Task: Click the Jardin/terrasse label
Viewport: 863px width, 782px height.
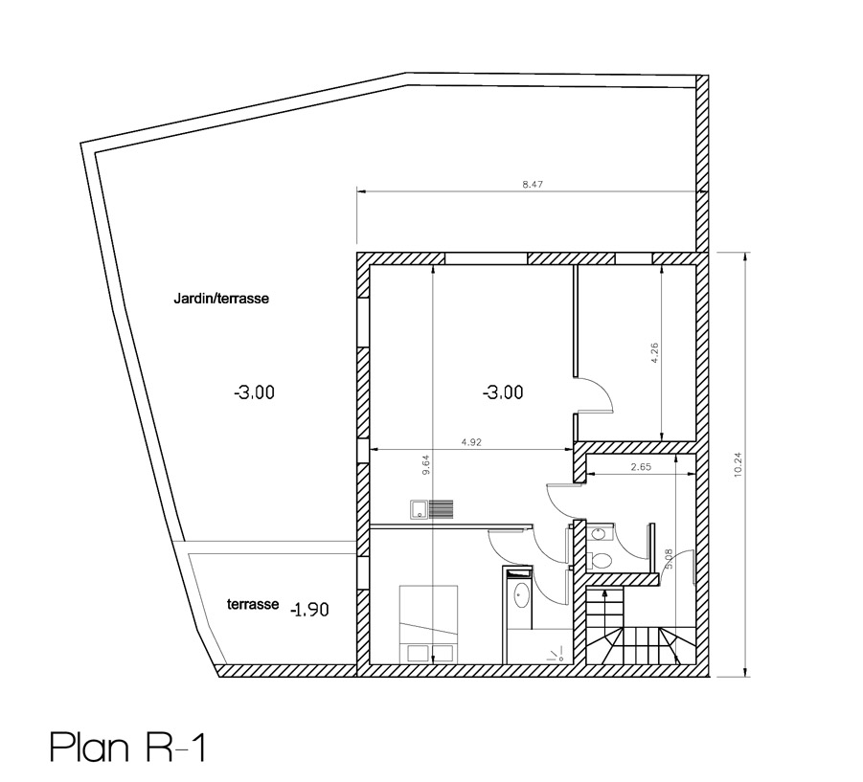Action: [221, 299]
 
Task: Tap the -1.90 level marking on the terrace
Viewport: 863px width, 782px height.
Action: [309, 610]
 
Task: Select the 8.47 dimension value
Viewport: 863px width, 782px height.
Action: [533, 184]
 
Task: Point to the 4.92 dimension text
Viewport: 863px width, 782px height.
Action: [471, 441]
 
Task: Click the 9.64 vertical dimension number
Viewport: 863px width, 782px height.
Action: [425, 464]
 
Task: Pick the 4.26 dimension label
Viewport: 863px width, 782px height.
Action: [654, 353]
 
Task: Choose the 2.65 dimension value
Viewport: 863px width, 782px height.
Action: [641, 467]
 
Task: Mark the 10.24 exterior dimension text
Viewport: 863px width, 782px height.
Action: [738, 464]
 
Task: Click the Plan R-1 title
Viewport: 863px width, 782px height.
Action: [127, 747]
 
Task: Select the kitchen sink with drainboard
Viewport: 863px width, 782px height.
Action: [431, 509]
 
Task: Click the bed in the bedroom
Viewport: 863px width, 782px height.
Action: [429, 624]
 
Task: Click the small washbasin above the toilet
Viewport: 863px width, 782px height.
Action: [597, 533]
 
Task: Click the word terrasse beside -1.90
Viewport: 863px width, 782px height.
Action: [253, 604]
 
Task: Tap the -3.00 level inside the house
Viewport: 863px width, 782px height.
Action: [503, 392]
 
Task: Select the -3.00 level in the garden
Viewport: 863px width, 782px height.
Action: [254, 392]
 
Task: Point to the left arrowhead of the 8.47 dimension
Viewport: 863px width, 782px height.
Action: [361, 192]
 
